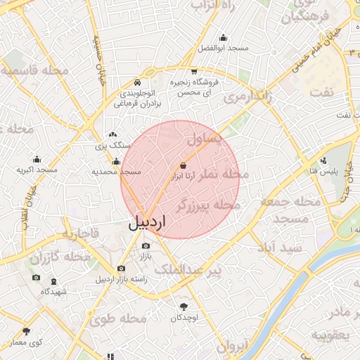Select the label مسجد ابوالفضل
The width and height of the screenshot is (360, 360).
(223, 48)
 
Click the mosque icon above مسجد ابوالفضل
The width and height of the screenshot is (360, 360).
(224, 38)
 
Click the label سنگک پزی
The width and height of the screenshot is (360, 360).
(113, 146)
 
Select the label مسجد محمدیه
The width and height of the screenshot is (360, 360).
(117, 172)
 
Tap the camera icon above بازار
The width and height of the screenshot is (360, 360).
(146, 246)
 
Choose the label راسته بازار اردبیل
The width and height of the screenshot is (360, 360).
(122, 279)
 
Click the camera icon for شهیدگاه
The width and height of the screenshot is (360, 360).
(37, 278)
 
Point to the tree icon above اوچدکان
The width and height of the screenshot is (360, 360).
(185, 307)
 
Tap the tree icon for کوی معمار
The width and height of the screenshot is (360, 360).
(26, 331)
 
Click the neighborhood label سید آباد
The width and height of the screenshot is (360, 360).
(279, 247)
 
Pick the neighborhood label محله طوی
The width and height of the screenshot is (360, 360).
(117, 320)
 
